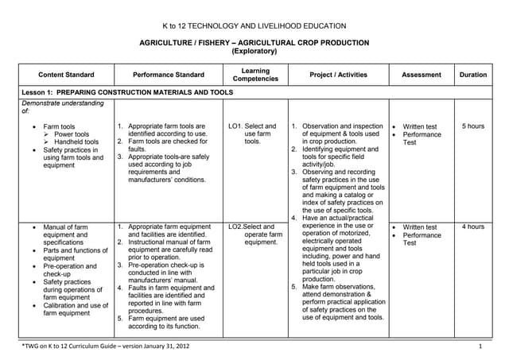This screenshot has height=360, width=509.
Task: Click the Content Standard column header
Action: pos(66,75)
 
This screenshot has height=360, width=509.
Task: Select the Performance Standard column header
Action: pos(169,75)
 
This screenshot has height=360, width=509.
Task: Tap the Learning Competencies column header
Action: pos(254,75)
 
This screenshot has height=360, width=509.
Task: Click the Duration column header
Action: pos(473,75)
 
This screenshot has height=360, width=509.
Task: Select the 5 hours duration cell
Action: pos(473,126)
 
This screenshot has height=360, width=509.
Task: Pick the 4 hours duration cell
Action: pos(473,227)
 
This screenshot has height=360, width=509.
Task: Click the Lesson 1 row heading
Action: pos(127,92)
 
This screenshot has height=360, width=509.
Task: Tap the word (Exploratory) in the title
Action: pos(254,52)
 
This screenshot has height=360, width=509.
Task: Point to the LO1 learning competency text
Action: pos(252,134)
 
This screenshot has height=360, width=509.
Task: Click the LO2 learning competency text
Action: pos(254,234)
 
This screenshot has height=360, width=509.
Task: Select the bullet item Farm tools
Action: pos(59,126)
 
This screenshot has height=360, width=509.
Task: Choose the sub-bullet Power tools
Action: pos(71,134)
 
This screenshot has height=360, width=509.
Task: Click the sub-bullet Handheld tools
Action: pos(76,142)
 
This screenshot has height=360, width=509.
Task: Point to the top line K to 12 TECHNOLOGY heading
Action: pos(254,26)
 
